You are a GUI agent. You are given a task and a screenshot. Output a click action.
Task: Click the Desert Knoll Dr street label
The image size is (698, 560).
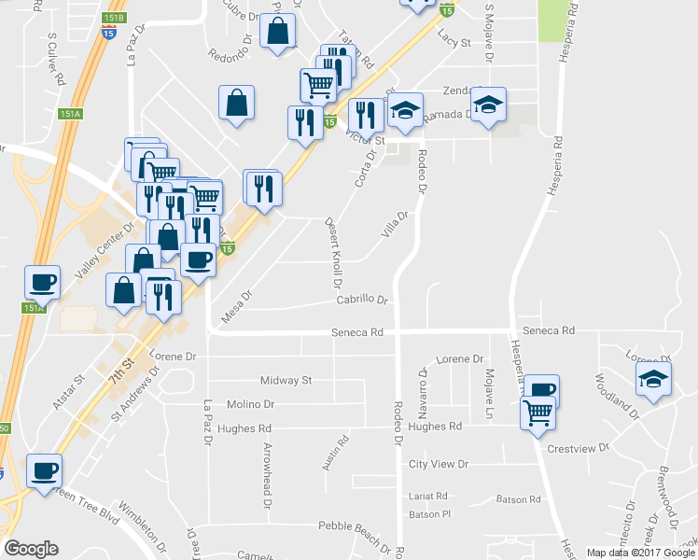click(x=333, y=253)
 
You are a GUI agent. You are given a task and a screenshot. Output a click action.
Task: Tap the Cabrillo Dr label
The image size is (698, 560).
click(x=362, y=301)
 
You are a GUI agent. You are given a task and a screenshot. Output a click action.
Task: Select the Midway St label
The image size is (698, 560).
click(x=286, y=381)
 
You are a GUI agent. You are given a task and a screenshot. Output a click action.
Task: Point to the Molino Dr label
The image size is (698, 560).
click(x=250, y=404)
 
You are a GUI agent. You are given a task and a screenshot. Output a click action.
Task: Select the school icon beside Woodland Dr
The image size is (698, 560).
click(x=653, y=379)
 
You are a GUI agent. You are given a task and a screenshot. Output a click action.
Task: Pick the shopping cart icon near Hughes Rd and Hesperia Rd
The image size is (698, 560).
click(x=538, y=411)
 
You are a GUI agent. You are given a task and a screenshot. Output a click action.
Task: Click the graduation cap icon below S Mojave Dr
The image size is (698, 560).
click(x=488, y=105)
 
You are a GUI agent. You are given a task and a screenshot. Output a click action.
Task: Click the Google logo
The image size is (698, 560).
click(x=31, y=549)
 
